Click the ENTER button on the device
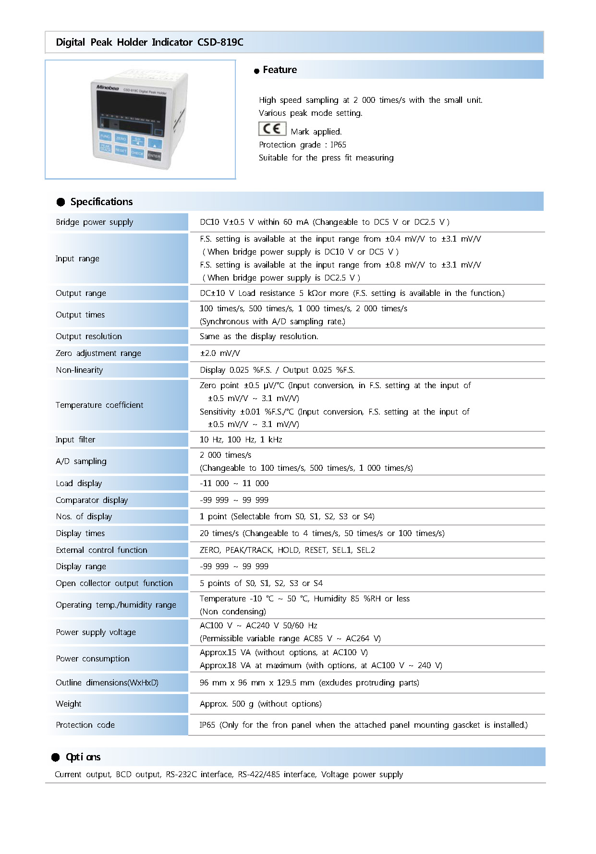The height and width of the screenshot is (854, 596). pos(154,156)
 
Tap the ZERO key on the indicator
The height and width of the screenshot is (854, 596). pos(121,139)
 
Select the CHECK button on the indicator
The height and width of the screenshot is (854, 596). pos(137,153)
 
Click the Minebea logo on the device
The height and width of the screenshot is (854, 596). pos(108,87)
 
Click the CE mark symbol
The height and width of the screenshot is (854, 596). pos(272,129)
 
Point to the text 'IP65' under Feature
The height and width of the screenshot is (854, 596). pos(338,145)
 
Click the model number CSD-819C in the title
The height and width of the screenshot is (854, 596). pos(220,42)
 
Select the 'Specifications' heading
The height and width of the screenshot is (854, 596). pos(101,202)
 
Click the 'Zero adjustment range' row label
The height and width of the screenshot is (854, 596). pos(98,353)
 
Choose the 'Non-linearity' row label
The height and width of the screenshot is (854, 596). pos(79,370)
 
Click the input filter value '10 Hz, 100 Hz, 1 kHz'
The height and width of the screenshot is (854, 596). pos(241,439)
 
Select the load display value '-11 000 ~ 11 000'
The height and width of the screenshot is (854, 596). pos(234,483)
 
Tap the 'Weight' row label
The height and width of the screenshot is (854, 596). pos(68,704)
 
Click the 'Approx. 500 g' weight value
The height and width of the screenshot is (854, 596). pos(260,704)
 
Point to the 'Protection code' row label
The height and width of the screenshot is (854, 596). pos(85,725)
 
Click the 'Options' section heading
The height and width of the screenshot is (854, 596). pos(83,757)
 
